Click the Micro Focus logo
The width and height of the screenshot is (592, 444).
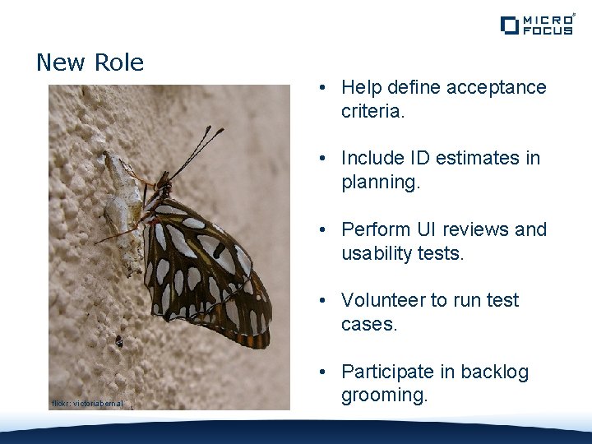click(x=536, y=25)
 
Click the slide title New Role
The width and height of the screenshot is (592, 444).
click(x=90, y=62)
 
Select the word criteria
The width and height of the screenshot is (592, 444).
click(x=372, y=111)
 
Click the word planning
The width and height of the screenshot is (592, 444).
click(x=381, y=183)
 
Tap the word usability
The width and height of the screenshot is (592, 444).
click(x=376, y=254)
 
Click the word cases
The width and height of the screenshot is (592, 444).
click(x=368, y=325)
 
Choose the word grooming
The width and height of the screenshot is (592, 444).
click(x=384, y=395)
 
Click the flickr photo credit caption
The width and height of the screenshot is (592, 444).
click(x=87, y=404)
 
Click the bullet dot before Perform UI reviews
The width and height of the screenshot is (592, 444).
click(x=326, y=229)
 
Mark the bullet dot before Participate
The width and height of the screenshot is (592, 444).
click(x=326, y=372)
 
